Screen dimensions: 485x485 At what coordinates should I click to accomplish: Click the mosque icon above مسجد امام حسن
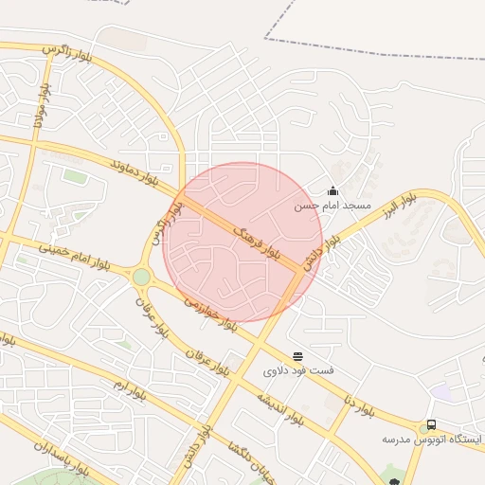point(332,191)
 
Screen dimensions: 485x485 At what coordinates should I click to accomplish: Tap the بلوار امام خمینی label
point(74,256)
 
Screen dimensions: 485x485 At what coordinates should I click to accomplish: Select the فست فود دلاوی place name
point(297,370)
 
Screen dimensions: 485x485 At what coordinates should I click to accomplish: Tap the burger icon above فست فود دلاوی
point(298,356)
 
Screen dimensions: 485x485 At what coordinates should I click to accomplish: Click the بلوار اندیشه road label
point(275,406)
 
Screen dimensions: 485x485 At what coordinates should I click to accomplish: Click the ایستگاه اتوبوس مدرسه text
point(431,440)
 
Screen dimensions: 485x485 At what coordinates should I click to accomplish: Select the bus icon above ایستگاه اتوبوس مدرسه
point(431,425)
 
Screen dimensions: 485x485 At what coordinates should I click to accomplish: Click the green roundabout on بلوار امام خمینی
point(141,277)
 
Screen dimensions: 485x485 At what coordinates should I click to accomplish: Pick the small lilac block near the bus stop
point(440,391)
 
